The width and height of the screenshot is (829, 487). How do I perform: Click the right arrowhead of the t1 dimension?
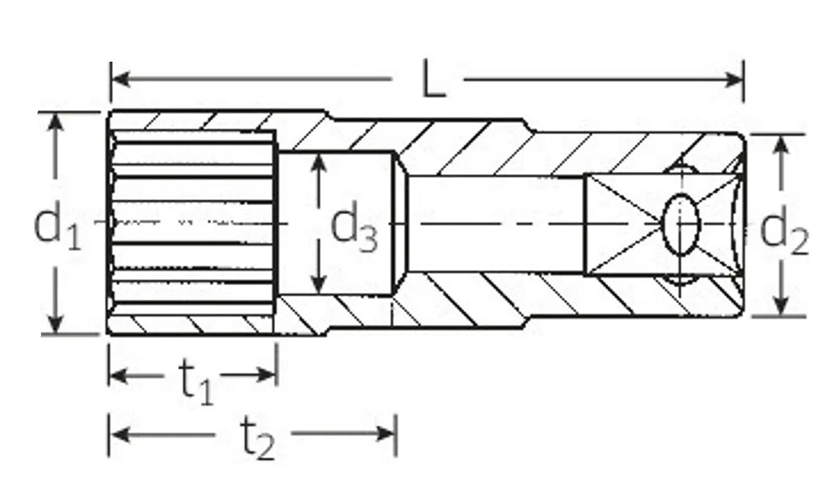click(x=268, y=375)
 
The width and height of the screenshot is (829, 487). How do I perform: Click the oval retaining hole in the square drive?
click(x=683, y=222)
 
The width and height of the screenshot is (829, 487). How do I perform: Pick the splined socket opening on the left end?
click(x=192, y=223)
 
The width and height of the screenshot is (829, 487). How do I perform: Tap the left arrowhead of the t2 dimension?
click(x=118, y=433)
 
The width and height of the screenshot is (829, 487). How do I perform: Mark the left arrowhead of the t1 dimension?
click(x=118, y=375)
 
